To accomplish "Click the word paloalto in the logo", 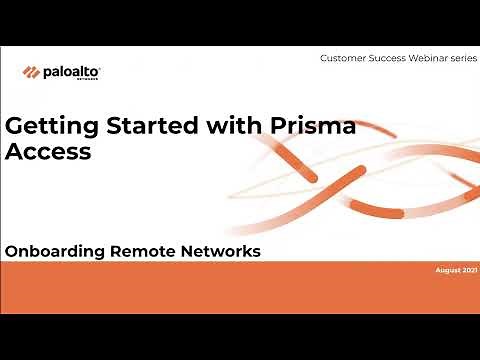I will tap(69, 71).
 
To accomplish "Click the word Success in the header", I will tap(392, 59).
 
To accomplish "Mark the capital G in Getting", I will tap(15, 128).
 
